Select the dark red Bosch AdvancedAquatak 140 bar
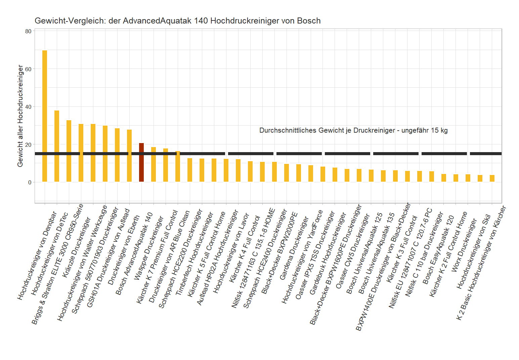point(141,163)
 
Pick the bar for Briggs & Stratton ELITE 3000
point(69,151)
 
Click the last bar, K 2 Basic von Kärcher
point(492,178)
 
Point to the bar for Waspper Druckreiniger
point(154,165)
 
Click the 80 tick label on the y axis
point(28,31)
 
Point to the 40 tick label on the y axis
point(28,107)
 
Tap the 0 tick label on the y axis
point(30,182)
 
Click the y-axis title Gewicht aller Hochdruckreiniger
point(20,116)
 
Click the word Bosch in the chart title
point(309,21)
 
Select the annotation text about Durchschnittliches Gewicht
point(353,130)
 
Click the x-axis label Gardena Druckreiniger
point(294,249)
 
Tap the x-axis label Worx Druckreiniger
point(464,245)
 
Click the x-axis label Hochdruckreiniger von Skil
point(474,252)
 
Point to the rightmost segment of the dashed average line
point(485,153)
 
